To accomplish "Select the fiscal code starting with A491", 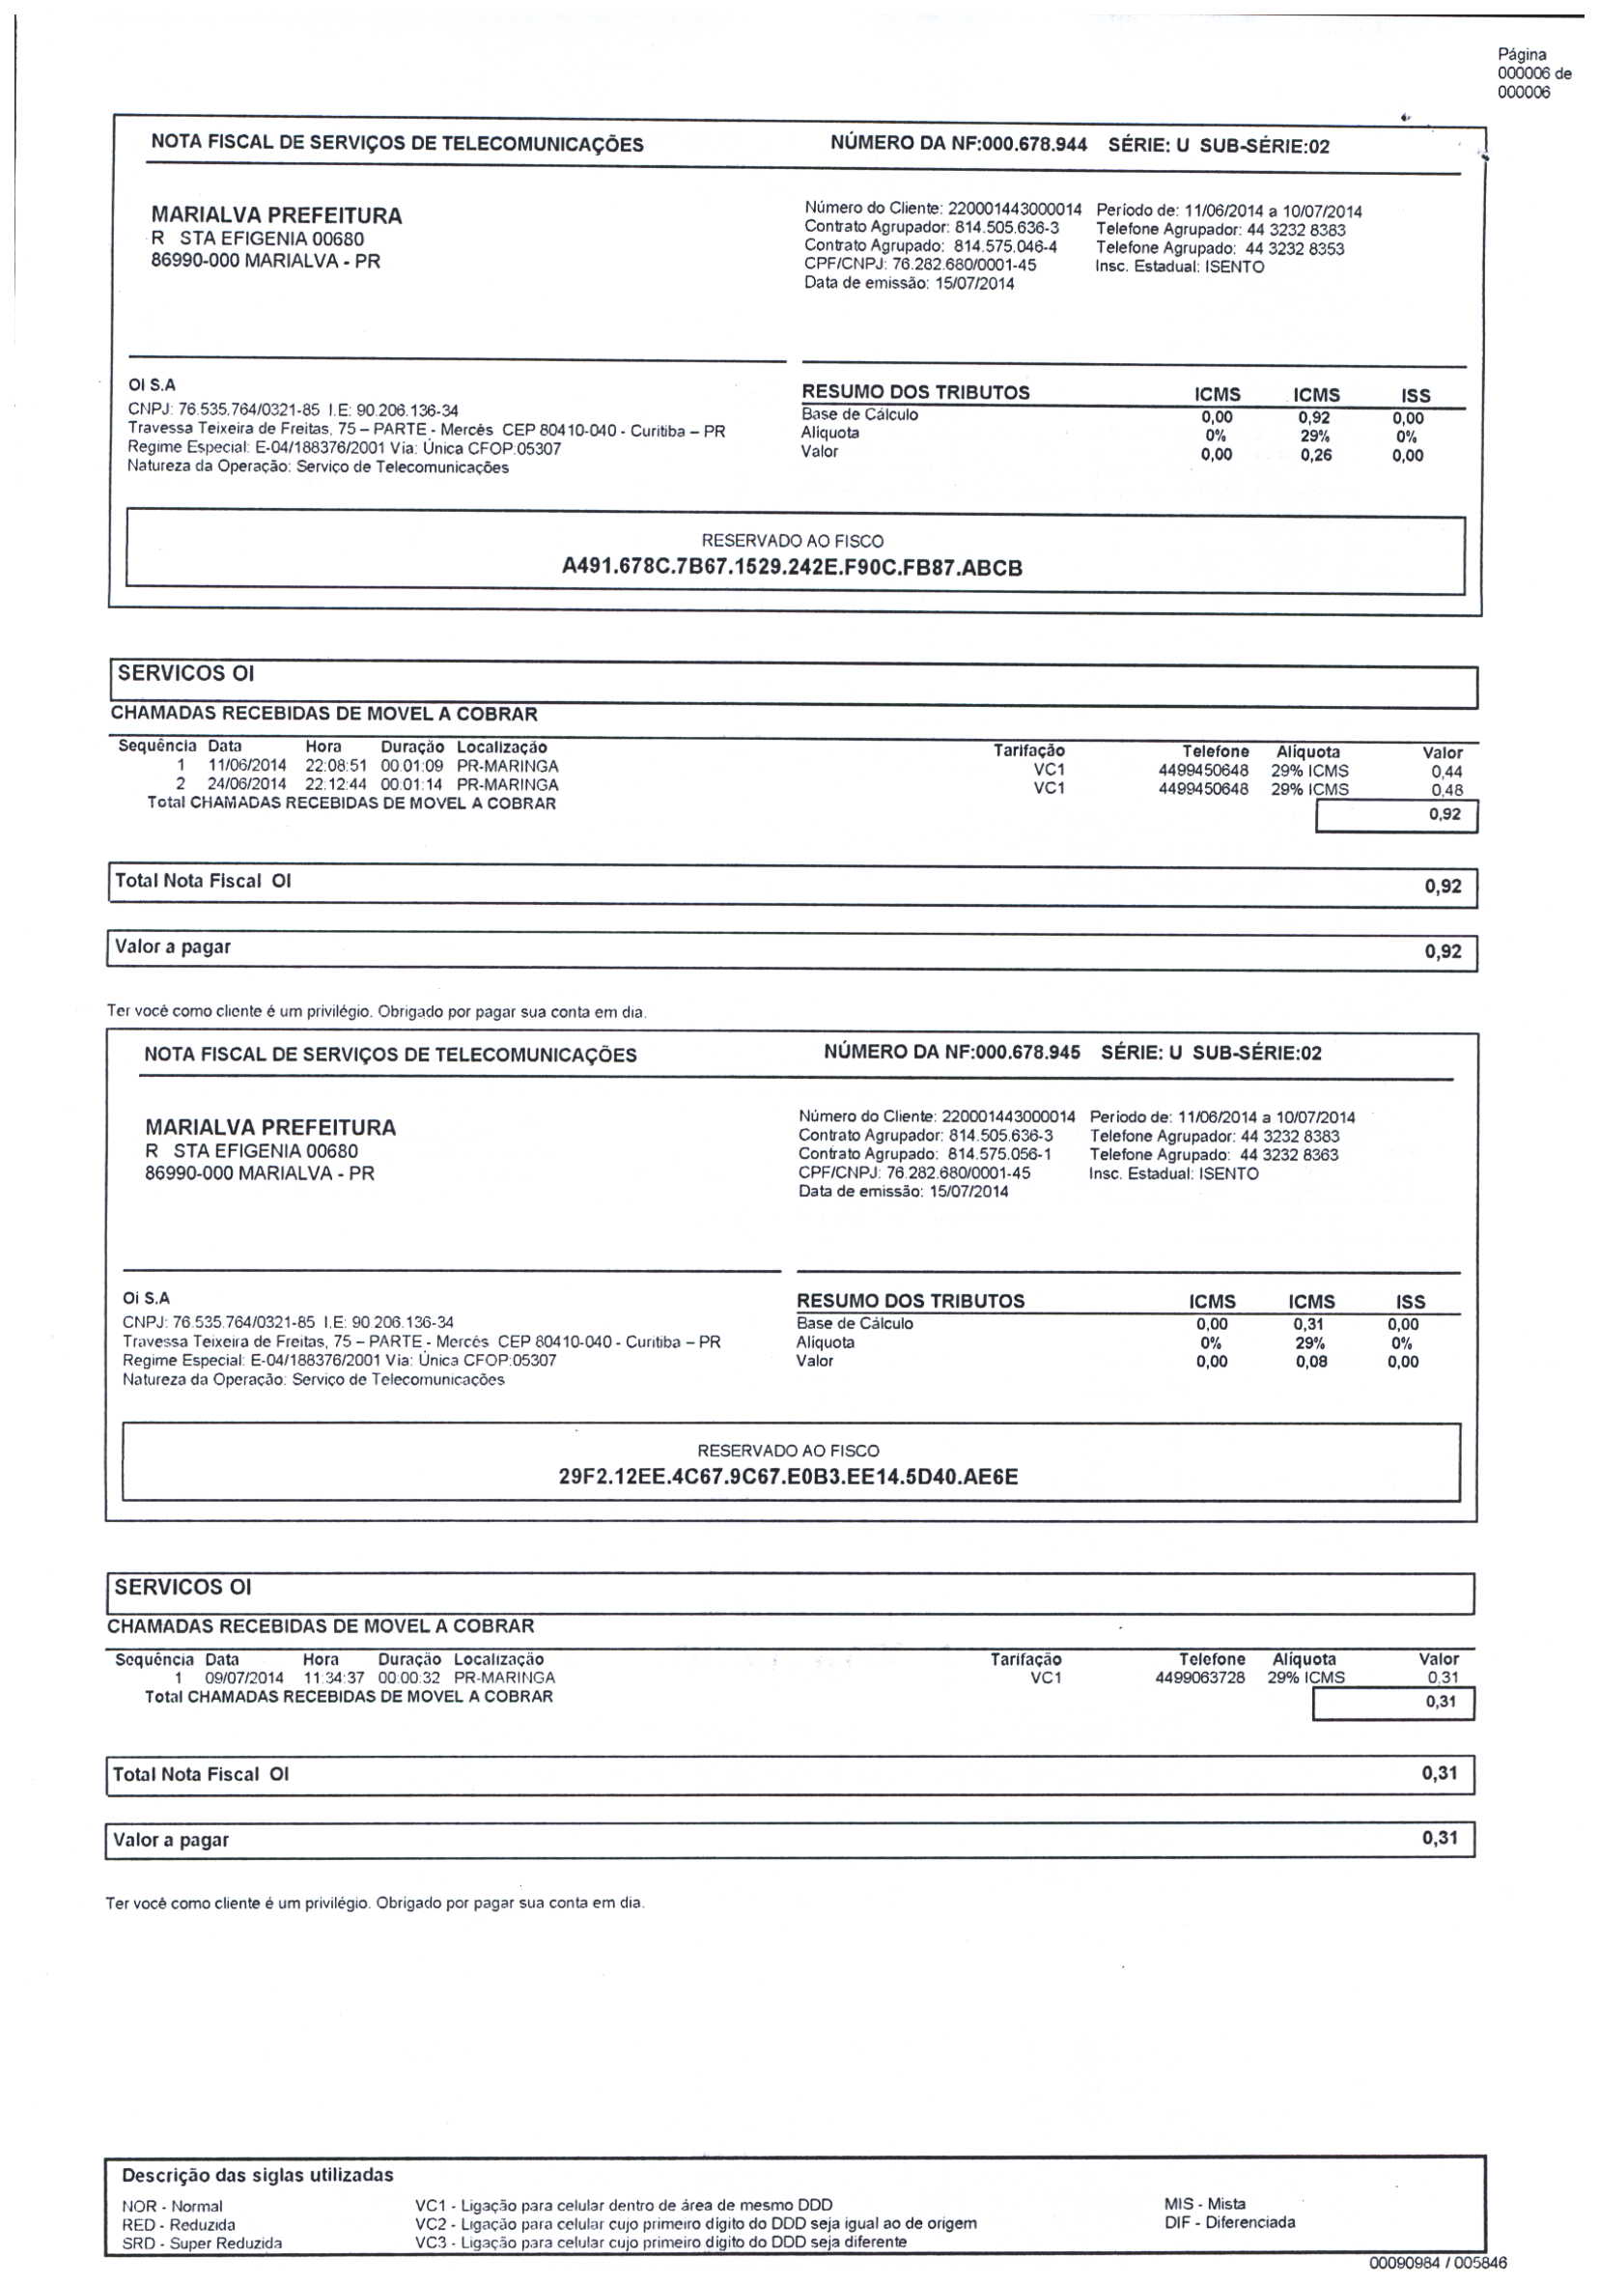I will pyautogui.click(x=792, y=568).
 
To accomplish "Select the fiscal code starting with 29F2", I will pyautogui.click(x=788, y=1476).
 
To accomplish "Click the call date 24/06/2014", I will pyautogui.click(x=247, y=784).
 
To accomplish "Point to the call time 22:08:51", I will pyautogui.click(x=336, y=766).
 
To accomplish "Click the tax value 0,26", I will pyautogui.click(x=1314, y=456).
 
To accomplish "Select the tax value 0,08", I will pyautogui.click(x=1310, y=1362).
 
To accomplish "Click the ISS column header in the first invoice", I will pyautogui.click(x=1414, y=395).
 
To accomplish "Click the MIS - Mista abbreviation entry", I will pyautogui.click(x=1204, y=2204).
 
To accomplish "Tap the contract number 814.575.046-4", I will pyautogui.click(x=1005, y=247).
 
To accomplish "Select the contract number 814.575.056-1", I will pyautogui.click(x=999, y=1154).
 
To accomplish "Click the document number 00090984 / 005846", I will pyautogui.click(x=1437, y=2263).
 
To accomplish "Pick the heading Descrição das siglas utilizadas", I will pyautogui.click(x=258, y=2176).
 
